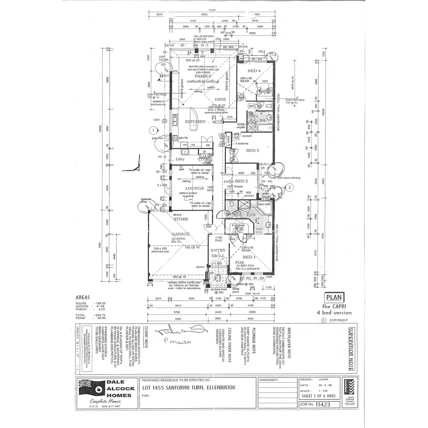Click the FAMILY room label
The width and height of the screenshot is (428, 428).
203,76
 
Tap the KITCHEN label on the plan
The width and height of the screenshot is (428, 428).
195,122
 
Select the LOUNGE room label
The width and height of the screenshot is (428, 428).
195,188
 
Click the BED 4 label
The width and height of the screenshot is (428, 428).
255,71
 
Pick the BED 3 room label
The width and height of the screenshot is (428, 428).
253,151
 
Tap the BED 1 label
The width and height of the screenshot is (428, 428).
249,257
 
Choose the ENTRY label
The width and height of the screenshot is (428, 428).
218,251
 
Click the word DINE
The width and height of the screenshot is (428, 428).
220,100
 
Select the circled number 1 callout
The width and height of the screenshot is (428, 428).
153,130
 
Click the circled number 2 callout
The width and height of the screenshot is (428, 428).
290,187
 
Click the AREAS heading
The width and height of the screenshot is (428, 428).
83,297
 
